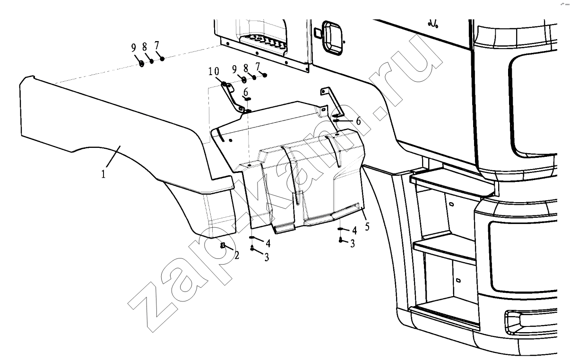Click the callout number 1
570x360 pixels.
[x=104, y=174]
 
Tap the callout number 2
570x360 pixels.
[x=237, y=256]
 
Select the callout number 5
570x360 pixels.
[x=367, y=226]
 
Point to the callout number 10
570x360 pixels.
[x=214, y=71]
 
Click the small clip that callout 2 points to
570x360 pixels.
[x=223, y=245]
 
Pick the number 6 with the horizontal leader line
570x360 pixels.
[x=358, y=121]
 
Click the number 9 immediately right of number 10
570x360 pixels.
[x=234, y=69]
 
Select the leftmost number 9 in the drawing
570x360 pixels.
[x=134, y=48]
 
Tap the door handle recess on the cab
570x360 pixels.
[x=332, y=38]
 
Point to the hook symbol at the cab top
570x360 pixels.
[x=432, y=24]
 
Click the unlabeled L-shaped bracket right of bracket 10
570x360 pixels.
[x=332, y=101]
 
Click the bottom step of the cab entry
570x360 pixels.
[x=444, y=316]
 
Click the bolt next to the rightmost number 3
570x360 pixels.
[x=340, y=240]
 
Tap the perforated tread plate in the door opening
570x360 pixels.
[x=263, y=43]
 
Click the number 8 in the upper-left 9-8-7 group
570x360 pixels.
[x=145, y=47]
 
